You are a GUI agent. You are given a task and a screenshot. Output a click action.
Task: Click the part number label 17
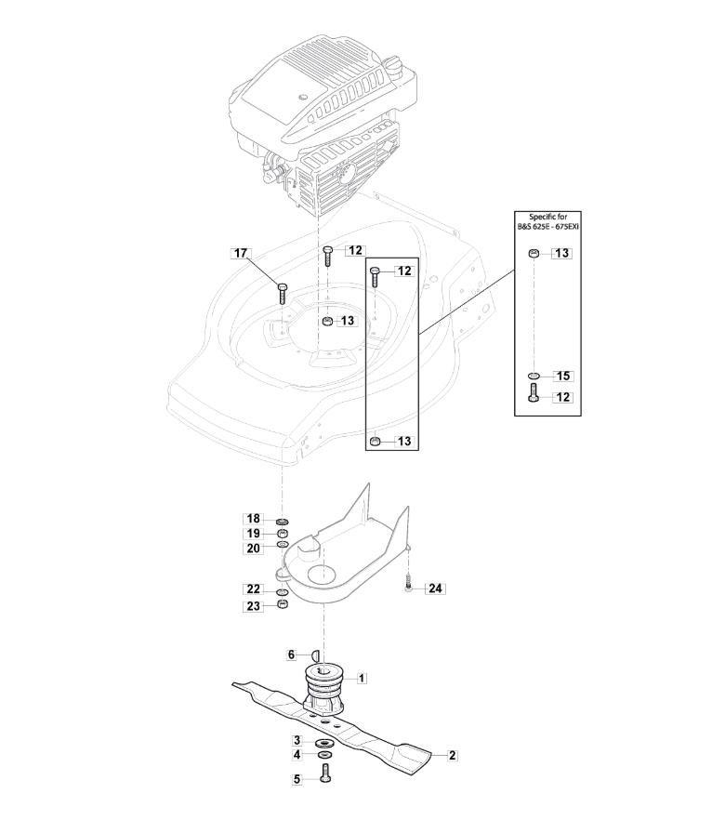tap(241, 253)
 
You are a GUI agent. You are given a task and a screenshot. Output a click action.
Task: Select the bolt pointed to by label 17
tap(282, 294)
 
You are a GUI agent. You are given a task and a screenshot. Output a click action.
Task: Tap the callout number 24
tap(435, 589)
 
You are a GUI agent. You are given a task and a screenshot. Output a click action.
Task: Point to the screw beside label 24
tap(408, 583)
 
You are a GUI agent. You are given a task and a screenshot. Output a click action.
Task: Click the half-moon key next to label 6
tap(315, 655)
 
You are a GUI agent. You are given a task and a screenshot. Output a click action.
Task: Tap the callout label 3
tap(297, 740)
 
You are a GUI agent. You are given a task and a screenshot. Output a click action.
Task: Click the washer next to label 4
tap(325, 755)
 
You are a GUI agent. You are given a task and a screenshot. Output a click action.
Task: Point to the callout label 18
tap(254, 519)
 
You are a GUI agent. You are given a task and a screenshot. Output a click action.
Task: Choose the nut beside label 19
tap(283, 534)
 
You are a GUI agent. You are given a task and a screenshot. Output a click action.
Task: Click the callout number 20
tap(254, 549)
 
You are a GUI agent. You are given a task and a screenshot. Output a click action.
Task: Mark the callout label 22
tap(254, 589)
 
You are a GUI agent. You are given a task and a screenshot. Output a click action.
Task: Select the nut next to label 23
tap(283, 604)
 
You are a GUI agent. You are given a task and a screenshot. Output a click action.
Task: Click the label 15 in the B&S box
tap(563, 376)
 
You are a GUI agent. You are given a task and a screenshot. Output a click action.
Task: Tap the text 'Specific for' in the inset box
tap(547, 217)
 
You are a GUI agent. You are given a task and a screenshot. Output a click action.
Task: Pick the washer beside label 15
tap(533, 376)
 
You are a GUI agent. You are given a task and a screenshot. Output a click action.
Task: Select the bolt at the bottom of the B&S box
tap(533, 392)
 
